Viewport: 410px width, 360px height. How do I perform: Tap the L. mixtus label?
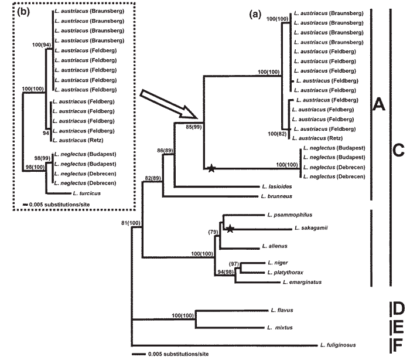point(278,328)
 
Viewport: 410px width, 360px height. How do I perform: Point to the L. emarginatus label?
point(300,282)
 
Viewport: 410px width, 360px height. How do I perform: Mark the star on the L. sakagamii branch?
point(230,229)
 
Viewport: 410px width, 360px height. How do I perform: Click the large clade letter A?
point(379,106)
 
